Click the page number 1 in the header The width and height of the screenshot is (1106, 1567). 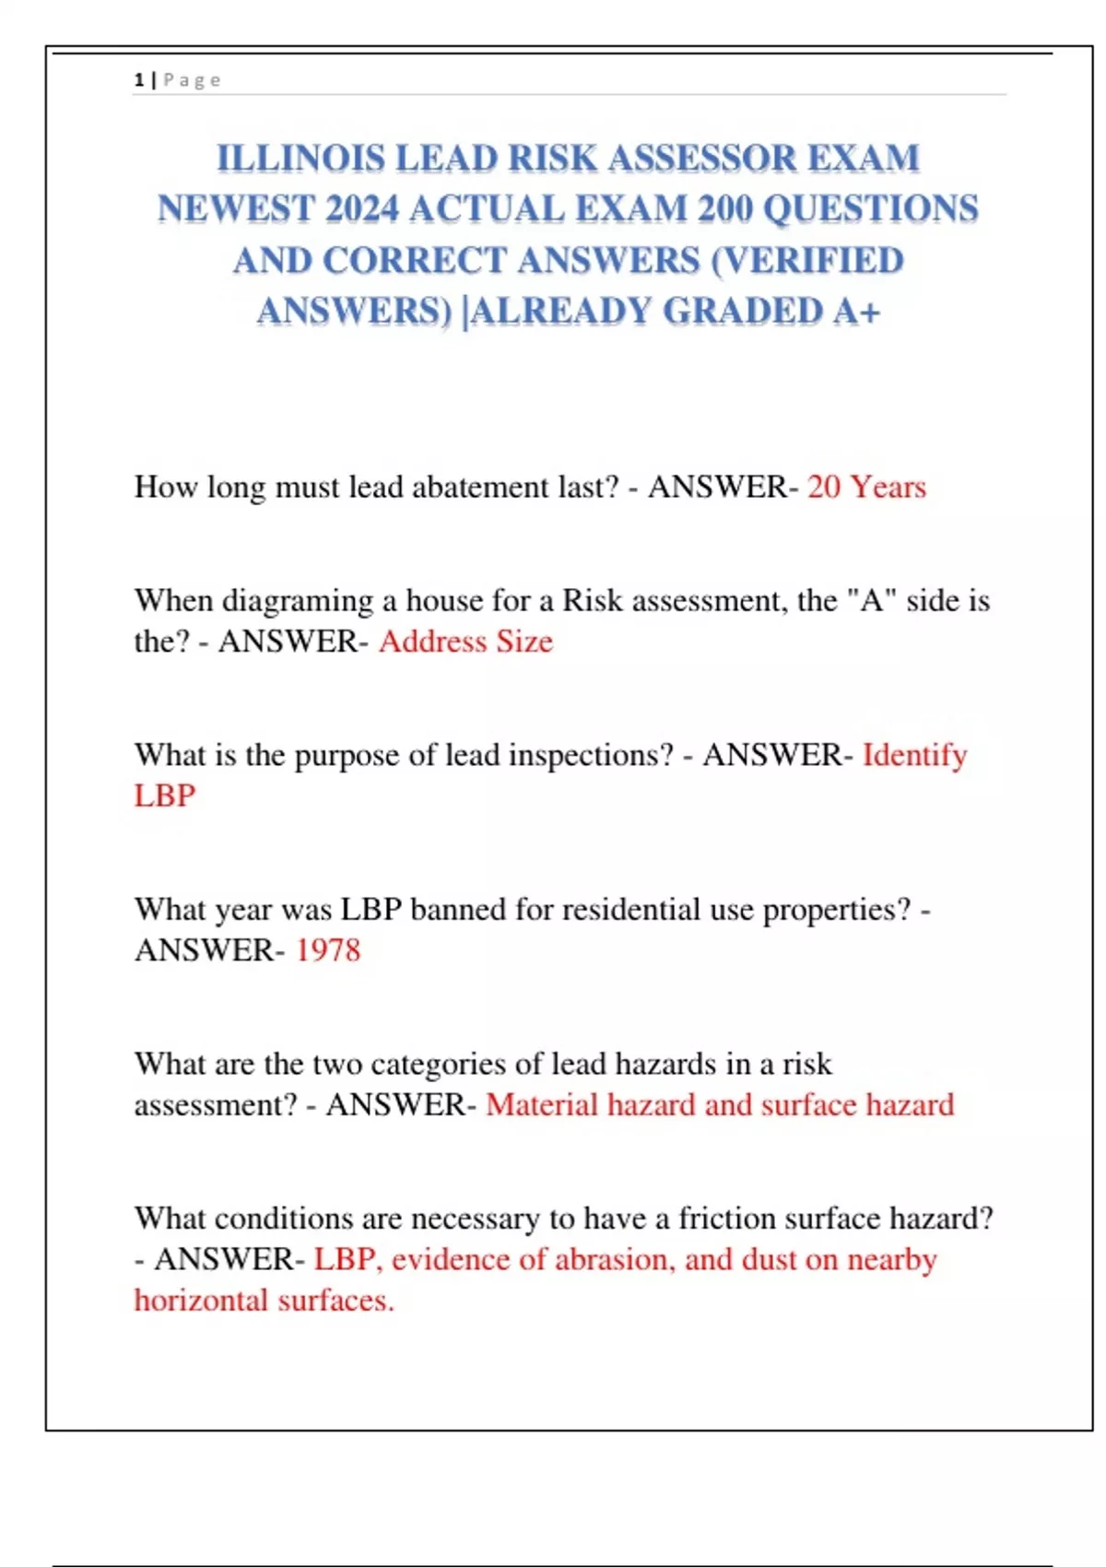[x=139, y=80]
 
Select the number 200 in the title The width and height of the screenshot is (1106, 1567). [x=725, y=209]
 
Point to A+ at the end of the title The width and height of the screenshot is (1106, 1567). [x=856, y=312]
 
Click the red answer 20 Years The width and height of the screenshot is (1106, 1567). [x=866, y=487]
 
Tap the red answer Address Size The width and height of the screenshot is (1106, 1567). [x=465, y=642]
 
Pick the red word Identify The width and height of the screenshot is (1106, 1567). [x=914, y=755]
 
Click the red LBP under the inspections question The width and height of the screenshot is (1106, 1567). [x=165, y=795]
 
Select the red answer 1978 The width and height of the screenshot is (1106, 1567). [x=328, y=950]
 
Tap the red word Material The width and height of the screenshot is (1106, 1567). [x=542, y=1105]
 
